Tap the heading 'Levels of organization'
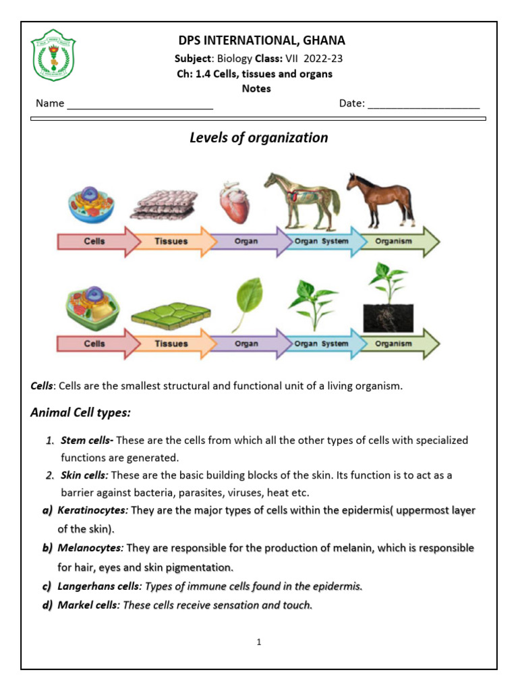[258, 138]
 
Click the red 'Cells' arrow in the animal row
[94, 242]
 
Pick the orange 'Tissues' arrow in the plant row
[171, 343]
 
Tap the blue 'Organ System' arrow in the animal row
[322, 242]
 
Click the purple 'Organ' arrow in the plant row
[246, 343]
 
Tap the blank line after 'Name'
[140, 104]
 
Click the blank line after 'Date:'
[424, 104]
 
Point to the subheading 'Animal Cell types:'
[80, 412]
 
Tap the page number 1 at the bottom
[258, 642]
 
